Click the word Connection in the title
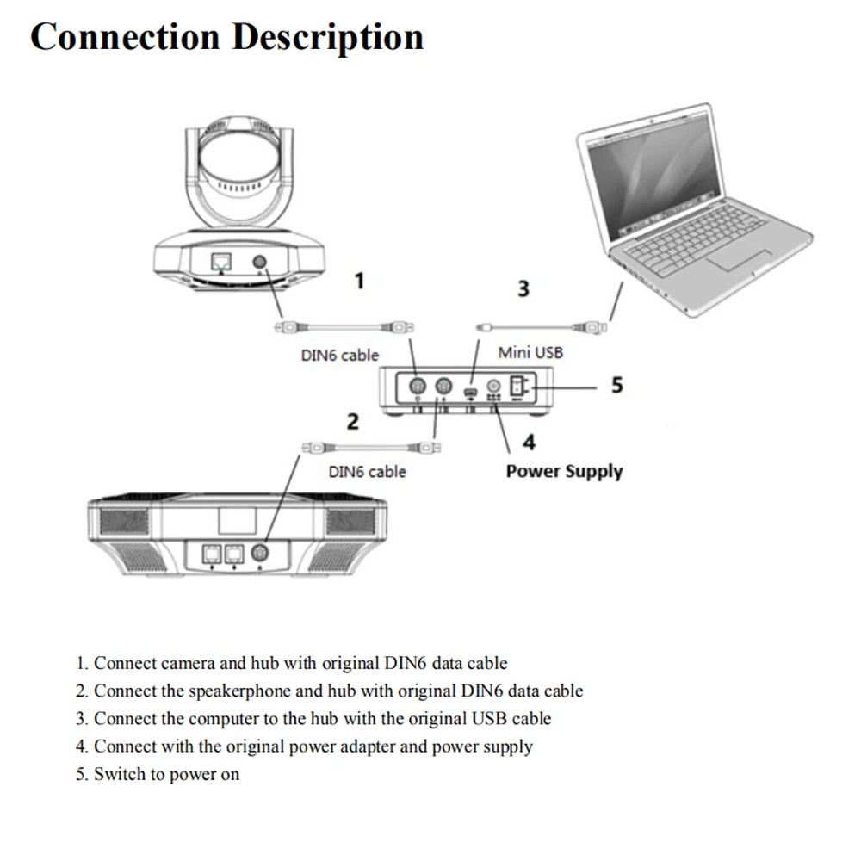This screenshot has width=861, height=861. pos(125,37)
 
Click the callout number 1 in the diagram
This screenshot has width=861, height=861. pos(360,281)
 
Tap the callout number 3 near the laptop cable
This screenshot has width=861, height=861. pos(523,288)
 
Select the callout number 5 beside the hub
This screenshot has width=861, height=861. pos(617,385)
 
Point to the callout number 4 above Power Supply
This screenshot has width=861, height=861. pos(529,442)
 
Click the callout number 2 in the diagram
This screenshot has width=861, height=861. pos(352,421)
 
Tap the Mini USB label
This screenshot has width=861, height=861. pos(530,352)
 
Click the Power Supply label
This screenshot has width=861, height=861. pos(565,471)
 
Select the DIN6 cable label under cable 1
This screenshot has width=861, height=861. pos(340,356)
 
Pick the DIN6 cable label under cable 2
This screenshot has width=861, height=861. pos(368,472)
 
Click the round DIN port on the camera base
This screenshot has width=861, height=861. pos(260,262)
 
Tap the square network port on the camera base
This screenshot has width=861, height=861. pos(221,262)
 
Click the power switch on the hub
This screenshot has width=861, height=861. pos(517,386)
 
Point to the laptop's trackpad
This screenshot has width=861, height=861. pos(739,260)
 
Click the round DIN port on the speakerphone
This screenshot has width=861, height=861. pos(260,552)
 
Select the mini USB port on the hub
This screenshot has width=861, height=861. pos(471,392)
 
